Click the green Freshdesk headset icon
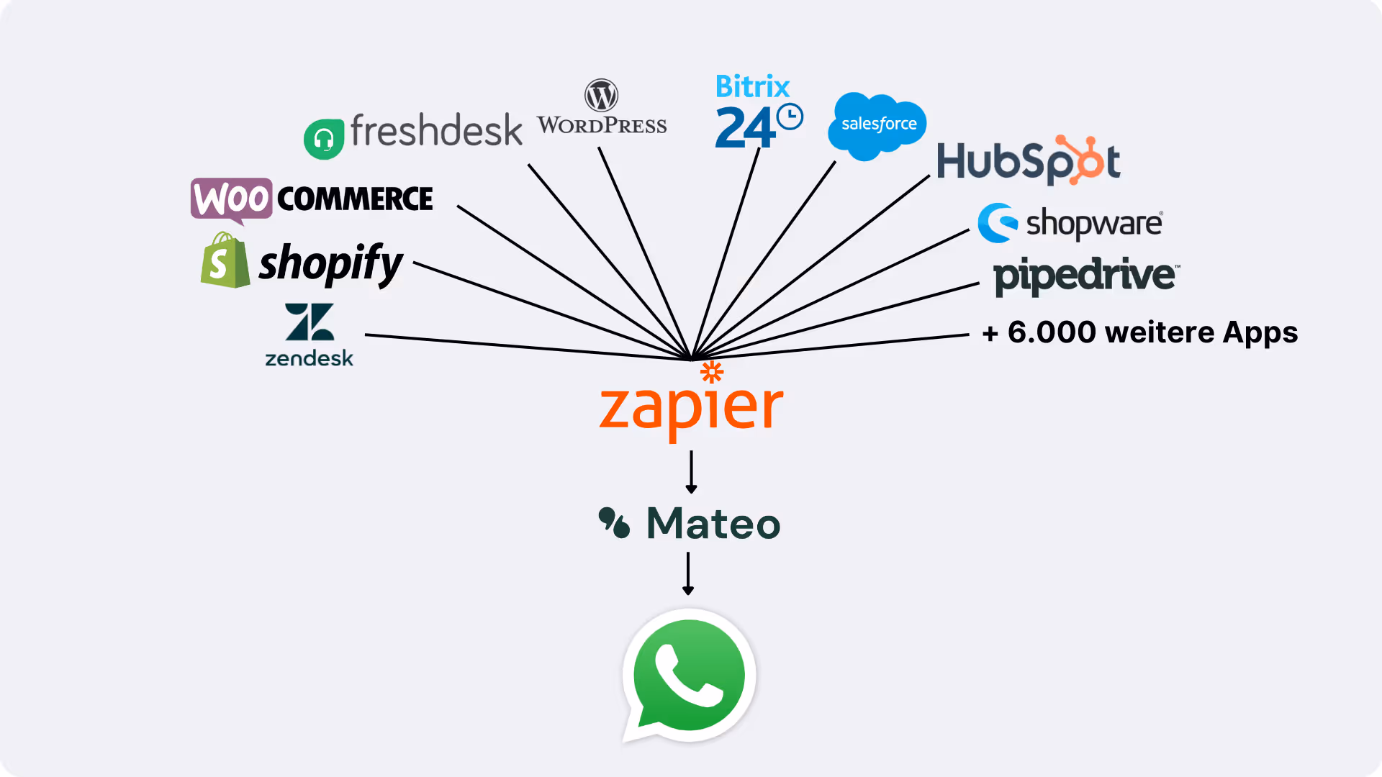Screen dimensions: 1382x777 point(324,139)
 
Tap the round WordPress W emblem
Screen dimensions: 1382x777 point(601,95)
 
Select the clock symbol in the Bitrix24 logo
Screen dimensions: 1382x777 point(790,117)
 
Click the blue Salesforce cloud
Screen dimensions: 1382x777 point(877,125)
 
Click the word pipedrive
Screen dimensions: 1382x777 point(1085,275)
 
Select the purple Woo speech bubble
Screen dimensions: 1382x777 point(231,199)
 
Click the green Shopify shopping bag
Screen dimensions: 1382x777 point(225,261)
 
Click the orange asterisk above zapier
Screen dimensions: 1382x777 point(712,371)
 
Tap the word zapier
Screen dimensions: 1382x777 point(691,409)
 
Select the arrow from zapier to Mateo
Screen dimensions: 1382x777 point(691,472)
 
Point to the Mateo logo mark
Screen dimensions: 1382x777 point(614,523)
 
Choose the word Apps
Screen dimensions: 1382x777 point(1260,332)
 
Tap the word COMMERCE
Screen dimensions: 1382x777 point(355,199)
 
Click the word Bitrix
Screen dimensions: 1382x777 point(752,86)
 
